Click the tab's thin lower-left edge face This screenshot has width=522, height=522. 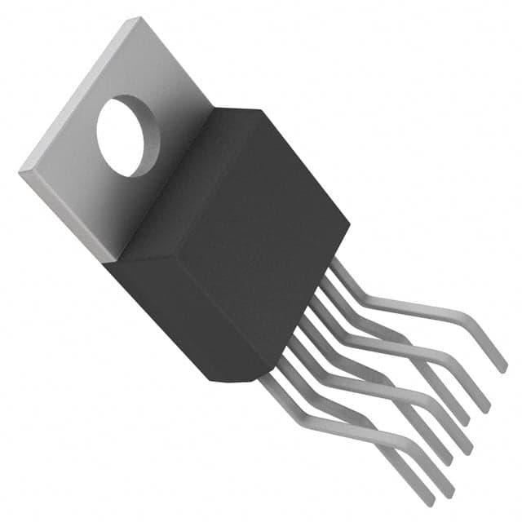point(65,216)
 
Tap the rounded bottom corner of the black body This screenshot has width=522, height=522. point(250,377)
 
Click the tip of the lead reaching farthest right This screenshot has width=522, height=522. point(501,365)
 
